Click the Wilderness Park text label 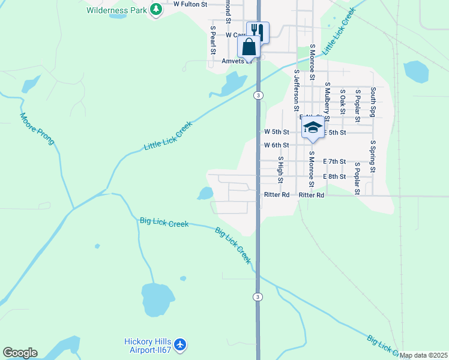pyautogui.click(x=116, y=10)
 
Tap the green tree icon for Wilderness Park pyautogui.click(x=156, y=10)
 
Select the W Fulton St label pyautogui.click(x=190, y=4)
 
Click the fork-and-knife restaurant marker pyautogui.click(x=258, y=31)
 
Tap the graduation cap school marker pyautogui.click(x=312, y=127)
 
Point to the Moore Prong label pyautogui.click(x=37, y=129)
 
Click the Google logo pyautogui.click(x=20, y=353)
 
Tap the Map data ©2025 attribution pyautogui.click(x=423, y=355)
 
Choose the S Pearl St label pyautogui.click(x=212, y=40)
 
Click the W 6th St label pyautogui.click(x=277, y=145)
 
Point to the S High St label pyautogui.click(x=280, y=170)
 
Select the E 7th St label pyautogui.click(x=334, y=161)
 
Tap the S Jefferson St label pyautogui.click(x=297, y=91)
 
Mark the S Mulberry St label pyautogui.click(x=327, y=98)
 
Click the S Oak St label pyautogui.click(x=343, y=101)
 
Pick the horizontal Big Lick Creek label pyautogui.click(x=164, y=223)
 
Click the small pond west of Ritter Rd pyautogui.click(x=205, y=193)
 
